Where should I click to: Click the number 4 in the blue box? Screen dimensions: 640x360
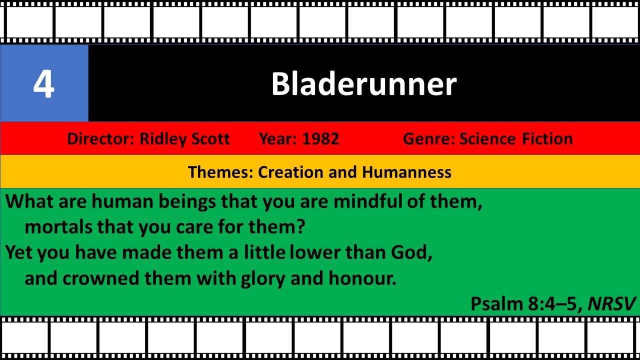(x=43, y=84)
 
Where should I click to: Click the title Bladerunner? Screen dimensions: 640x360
(x=363, y=83)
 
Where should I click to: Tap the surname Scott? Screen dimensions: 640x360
(x=210, y=139)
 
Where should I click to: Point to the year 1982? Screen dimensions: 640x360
(x=320, y=139)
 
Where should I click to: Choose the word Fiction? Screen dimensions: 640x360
(x=547, y=139)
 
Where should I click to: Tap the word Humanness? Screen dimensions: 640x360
(x=407, y=172)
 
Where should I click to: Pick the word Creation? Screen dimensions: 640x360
(x=291, y=172)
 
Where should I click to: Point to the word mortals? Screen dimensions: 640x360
(x=58, y=227)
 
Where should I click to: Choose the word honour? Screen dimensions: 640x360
(x=362, y=278)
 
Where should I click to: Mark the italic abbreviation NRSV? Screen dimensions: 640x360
(x=611, y=303)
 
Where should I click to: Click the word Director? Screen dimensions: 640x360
(x=100, y=139)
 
